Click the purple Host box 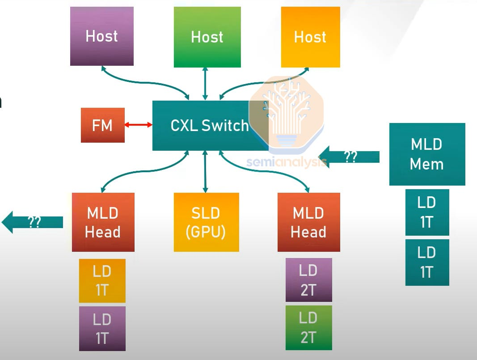click(x=102, y=36)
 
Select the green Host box click(x=207, y=37)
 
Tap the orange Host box click(x=310, y=37)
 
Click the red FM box click(x=102, y=125)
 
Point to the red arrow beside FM click(x=139, y=125)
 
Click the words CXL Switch click(x=209, y=126)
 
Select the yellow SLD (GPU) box click(x=206, y=222)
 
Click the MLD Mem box click(x=427, y=154)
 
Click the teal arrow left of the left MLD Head click(x=33, y=222)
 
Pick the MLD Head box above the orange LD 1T click(x=103, y=222)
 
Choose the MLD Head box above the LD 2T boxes click(x=308, y=222)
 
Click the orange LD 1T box click(x=102, y=281)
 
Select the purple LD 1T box click(x=102, y=329)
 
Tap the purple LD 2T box click(x=308, y=280)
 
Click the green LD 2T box click(x=308, y=328)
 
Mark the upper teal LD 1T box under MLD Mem click(x=427, y=212)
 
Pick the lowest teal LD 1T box click(x=427, y=263)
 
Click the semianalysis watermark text click(x=286, y=162)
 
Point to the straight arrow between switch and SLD click(x=205, y=172)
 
